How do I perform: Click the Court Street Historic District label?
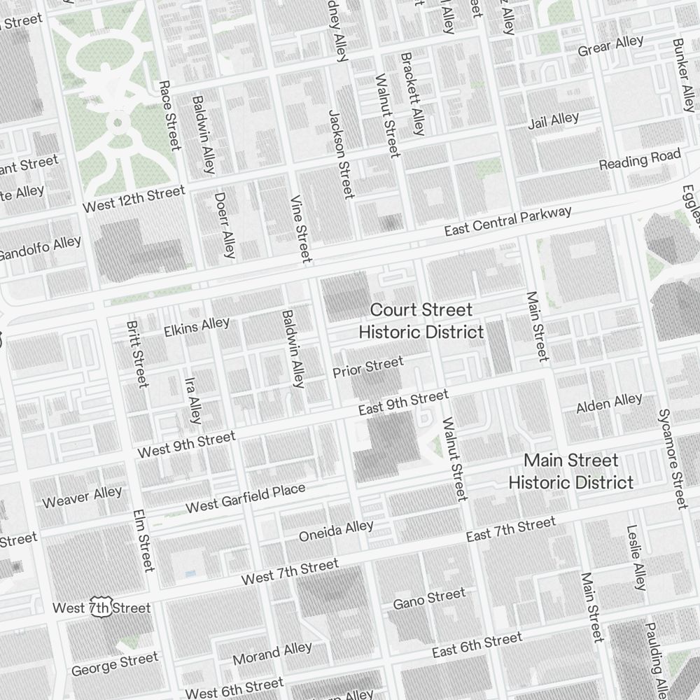click(x=421, y=321)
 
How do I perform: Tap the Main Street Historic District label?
click(x=571, y=471)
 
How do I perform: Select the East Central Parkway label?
click(x=509, y=220)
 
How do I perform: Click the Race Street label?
click(x=169, y=115)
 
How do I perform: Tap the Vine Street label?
click(x=300, y=228)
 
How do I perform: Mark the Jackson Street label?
click(x=340, y=154)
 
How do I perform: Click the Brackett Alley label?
click(x=412, y=93)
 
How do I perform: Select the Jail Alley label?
click(x=553, y=121)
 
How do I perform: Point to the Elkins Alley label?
click(x=196, y=326)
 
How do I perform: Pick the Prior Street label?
click(x=368, y=366)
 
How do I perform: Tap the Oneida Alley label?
click(x=336, y=531)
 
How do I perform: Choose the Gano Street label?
click(x=429, y=599)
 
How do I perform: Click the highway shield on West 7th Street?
click(x=101, y=608)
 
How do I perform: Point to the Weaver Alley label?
click(x=82, y=497)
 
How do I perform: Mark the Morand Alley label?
click(x=272, y=654)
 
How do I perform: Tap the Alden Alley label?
click(x=609, y=403)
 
